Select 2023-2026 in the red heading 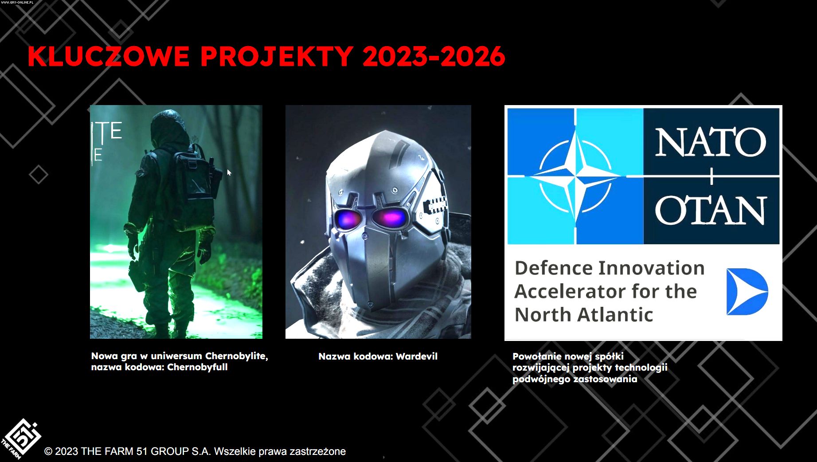coord(434,56)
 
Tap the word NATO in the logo coord(711,142)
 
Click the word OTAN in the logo coord(711,210)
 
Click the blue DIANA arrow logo coord(747,291)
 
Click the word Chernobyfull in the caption coord(197,367)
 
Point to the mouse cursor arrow coord(229,172)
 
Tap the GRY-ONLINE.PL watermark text coord(17,2)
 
